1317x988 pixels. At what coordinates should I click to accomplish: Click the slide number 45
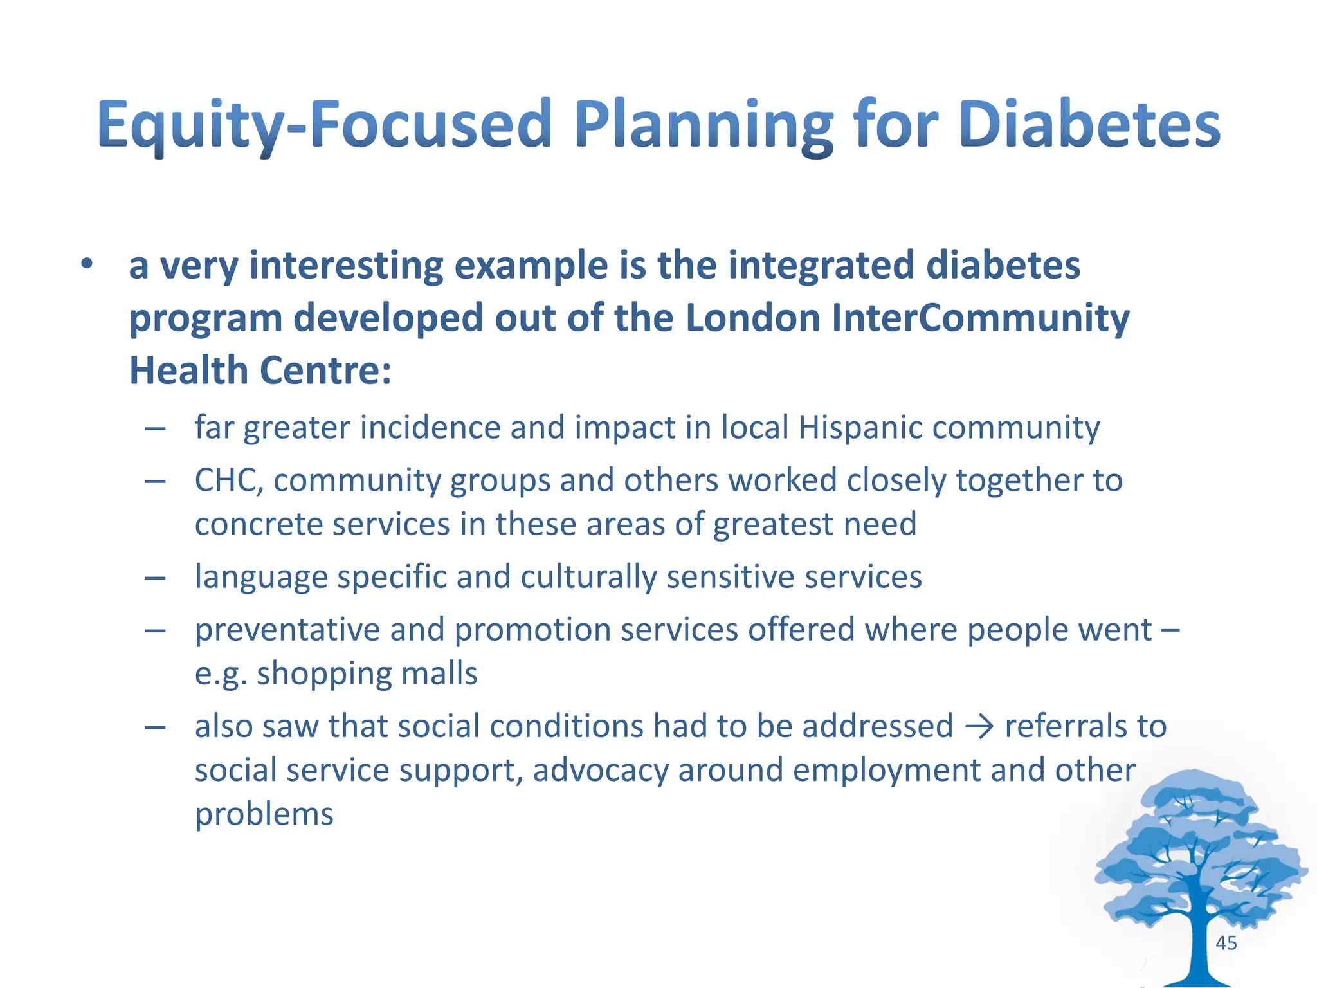1226,943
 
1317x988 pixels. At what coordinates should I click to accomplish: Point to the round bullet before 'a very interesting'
87,264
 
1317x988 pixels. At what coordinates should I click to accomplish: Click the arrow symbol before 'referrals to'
979,727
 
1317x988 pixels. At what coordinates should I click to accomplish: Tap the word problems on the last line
264,814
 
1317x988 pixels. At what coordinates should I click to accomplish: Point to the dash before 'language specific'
155,578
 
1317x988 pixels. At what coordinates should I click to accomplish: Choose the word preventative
287,629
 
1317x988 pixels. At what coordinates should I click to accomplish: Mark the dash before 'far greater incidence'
155,428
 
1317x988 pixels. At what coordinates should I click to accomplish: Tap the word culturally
588,576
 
